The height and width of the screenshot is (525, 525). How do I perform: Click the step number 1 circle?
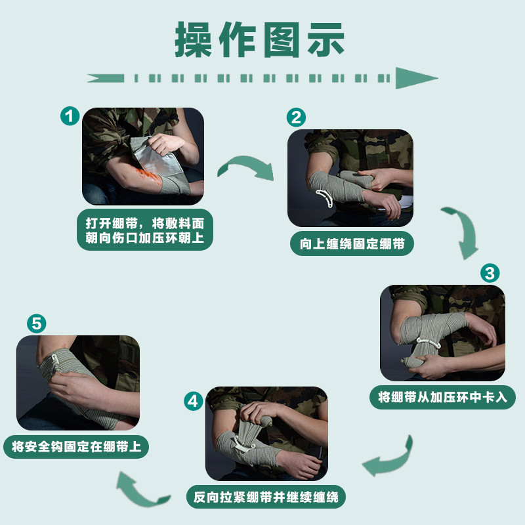click(x=70, y=116)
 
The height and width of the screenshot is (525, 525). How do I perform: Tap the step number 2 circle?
click(x=296, y=117)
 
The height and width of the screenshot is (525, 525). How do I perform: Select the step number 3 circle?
click(x=490, y=273)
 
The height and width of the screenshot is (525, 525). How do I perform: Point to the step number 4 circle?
click(x=193, y=401)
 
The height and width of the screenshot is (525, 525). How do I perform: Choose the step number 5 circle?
click(x=37, y=324)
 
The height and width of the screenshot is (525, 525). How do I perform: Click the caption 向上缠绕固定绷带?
click(x=352, y=243)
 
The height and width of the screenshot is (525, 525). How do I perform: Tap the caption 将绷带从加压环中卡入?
click(x=442, y=398)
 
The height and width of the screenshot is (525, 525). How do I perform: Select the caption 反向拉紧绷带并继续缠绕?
click(x=266, y=497)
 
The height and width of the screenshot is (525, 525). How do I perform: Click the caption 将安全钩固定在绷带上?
click(x=76, y=447)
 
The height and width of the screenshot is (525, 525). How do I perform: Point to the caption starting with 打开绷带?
click(x=144, y=230)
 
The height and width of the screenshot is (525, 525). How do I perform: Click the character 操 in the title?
click(x=193, y=39)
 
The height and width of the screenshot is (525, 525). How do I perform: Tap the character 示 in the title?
click(x=325, y=39)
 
